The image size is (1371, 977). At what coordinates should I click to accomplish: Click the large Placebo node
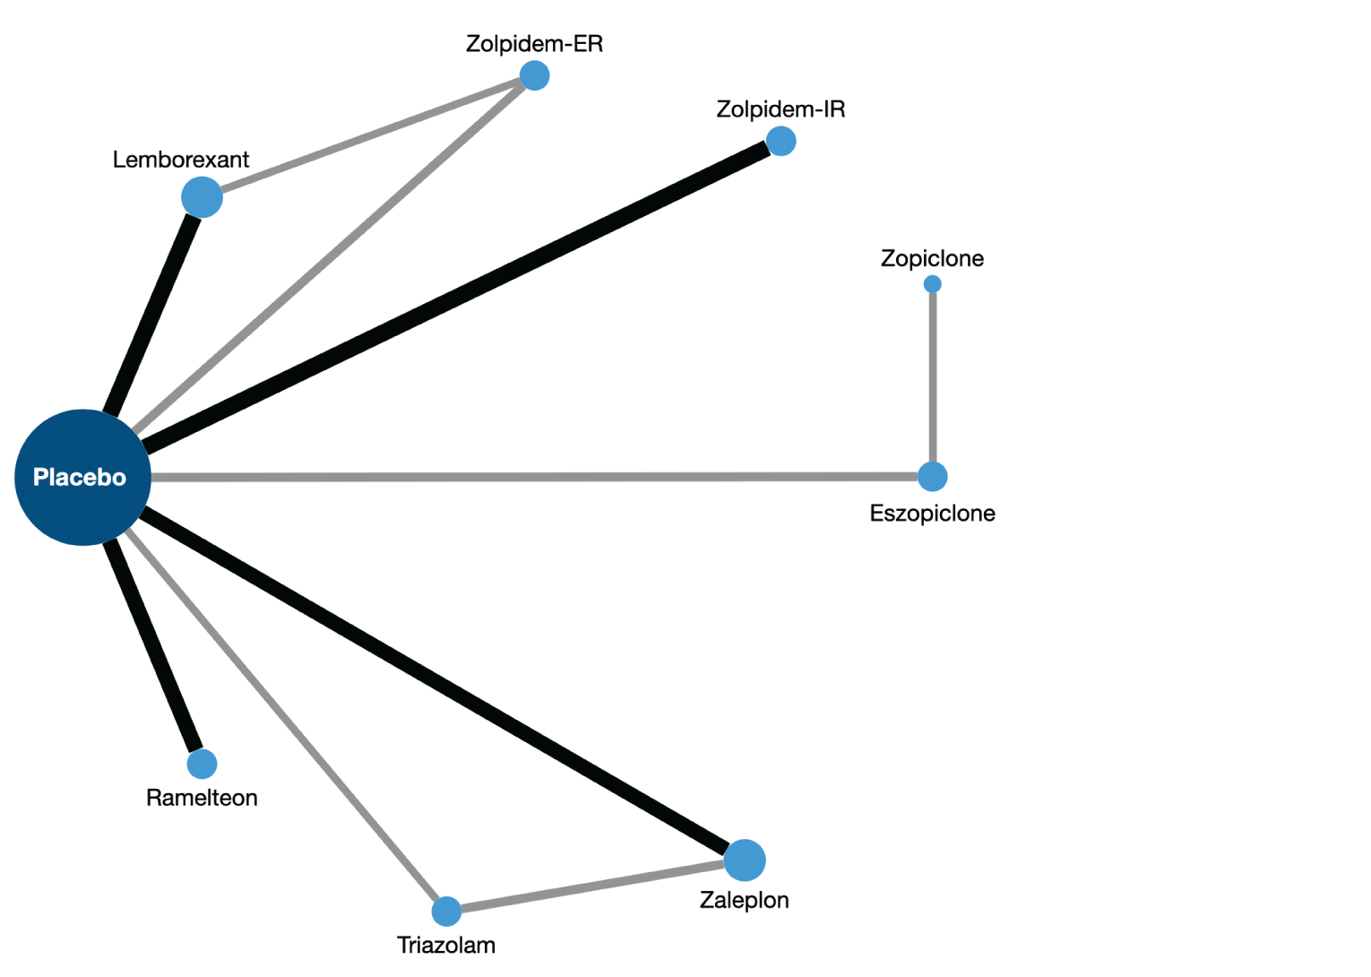tap(82, 478)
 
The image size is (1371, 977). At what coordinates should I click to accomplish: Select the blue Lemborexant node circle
tap(202, 197)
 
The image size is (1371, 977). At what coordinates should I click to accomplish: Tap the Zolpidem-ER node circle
tap(534, 76)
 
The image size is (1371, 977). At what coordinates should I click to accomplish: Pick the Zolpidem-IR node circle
tap(780, 141)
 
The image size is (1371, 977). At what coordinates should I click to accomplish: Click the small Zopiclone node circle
tap(932, 284)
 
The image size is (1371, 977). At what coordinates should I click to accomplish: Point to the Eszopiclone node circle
tap(932, 477)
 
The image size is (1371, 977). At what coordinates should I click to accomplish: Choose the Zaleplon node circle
tap(744, 860)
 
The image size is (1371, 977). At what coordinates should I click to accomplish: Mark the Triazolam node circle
tap(446, 912)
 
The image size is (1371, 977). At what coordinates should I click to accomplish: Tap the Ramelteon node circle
tap(202, 764)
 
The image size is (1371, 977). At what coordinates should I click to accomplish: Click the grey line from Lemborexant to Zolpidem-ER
tap(367, 136)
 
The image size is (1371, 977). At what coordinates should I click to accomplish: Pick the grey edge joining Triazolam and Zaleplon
tap(591, 886)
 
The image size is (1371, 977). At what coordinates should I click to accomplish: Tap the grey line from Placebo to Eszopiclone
tap(538, 477)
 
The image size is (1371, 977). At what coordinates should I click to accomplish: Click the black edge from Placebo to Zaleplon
tap(439, 681)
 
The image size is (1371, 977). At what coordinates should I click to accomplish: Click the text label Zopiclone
tap(932, 259)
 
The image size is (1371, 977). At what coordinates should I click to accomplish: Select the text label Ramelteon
tap(202, 798)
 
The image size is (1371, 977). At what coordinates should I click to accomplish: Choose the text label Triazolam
tap(446, 945)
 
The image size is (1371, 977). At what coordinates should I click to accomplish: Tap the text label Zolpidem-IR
tap(780, 109)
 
